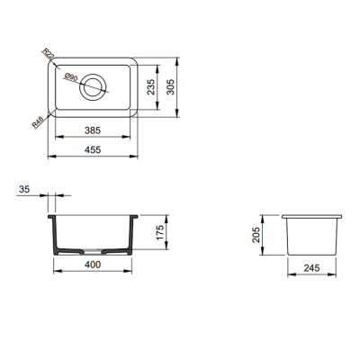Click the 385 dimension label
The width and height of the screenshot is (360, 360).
coord(94,130)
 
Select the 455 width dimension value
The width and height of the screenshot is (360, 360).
coord(94,151)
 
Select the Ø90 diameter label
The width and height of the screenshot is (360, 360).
coord(72,76)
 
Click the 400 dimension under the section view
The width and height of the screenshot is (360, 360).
coord(94,266)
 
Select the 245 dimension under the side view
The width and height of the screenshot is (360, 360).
coord(313,266)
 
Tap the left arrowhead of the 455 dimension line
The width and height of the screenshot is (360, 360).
coord(49,157)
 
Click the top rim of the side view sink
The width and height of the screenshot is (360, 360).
coord(313,217)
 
